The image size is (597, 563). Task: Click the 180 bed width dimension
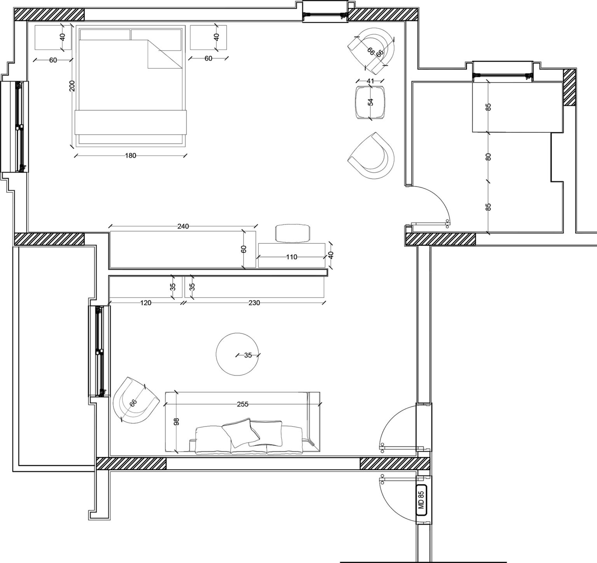coord(131,156)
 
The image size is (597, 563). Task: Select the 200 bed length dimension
coord(72,86)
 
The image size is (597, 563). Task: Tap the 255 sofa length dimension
coord(243,404)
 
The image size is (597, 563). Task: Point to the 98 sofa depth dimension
coord(176,422)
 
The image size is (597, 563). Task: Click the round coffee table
coord(237,354)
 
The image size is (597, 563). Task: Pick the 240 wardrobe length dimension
coord(183,226)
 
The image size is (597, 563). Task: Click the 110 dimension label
coord(292,257)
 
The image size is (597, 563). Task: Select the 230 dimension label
coord(254,303)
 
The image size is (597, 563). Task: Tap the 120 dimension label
coord(145,303)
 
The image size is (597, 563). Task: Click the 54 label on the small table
coord(370,102)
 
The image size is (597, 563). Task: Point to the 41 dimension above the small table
coord(370,81)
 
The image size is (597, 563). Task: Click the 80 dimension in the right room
coord(489,157)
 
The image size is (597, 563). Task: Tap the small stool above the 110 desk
coord(293,233)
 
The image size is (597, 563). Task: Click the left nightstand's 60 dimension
coord(53,60)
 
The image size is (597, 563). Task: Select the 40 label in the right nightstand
coord(217,37)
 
